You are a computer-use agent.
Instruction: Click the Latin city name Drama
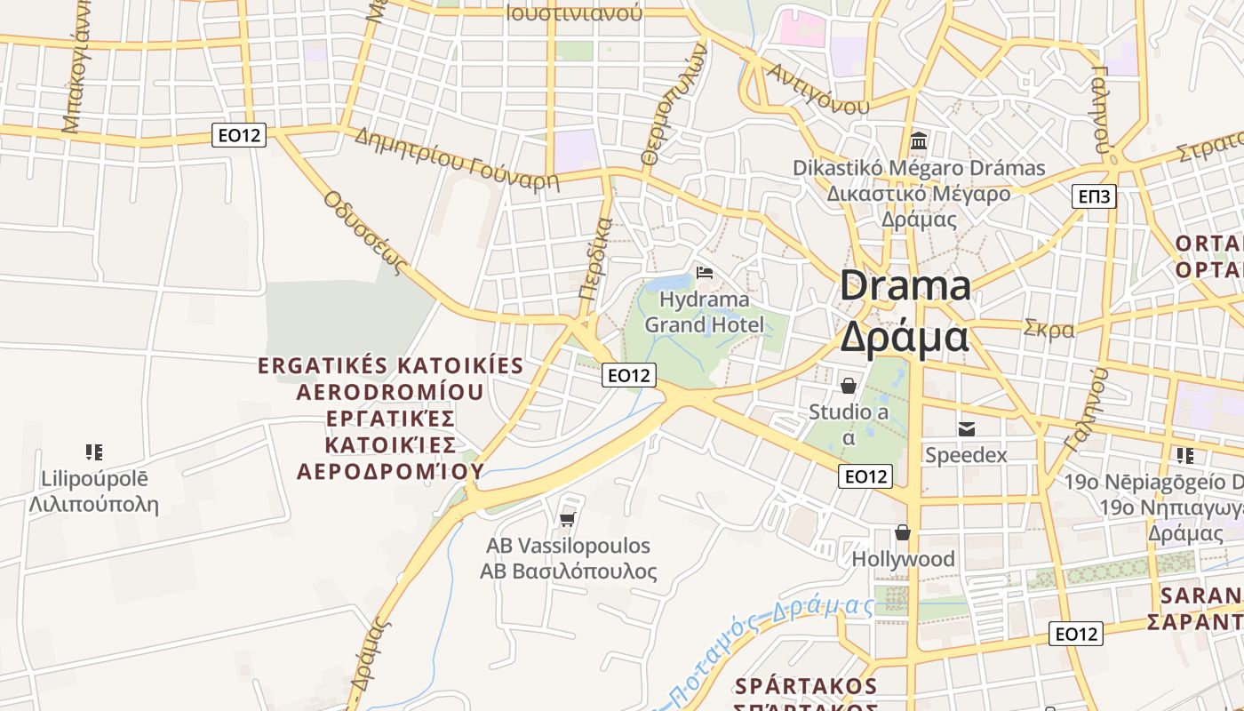[x=905, y=286]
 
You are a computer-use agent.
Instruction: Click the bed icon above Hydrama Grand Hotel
[x=705, y=272]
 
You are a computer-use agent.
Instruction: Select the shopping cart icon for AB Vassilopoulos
[x=568, y=518]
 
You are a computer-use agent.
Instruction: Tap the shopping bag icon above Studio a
[x=849, y=386]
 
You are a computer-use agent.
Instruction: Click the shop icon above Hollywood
[x=903, y=532]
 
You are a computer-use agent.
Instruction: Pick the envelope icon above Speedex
[x=966, y=428]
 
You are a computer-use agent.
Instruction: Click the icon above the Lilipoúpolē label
[x=94, y=452]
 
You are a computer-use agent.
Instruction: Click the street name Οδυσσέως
[x=365, y=232]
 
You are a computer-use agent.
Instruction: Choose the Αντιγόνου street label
[x=818, y=88]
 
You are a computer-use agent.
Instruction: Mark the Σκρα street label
[x=1049, y=329]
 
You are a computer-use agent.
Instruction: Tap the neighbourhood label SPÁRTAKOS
[x=806, y=686]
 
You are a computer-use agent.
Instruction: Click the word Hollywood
[x=903, y=559]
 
